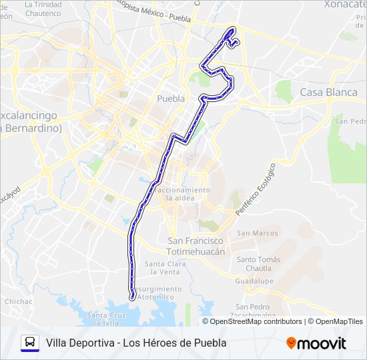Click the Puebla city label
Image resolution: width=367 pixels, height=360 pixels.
pyautogui.click(x=170, y=98)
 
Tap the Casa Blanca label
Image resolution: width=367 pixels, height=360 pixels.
pyautogui.click(x=329, y=92)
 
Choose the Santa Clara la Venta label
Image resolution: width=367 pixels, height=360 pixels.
pyautogui.click(x=165, y=267)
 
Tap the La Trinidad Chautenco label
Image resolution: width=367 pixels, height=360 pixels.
pyautogui.click(x=43, y=8)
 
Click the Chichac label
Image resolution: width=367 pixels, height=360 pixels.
pyautogui.click(x=18, y=301)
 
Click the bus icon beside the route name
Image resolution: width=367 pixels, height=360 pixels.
pyautogui.click(x=30, y=343)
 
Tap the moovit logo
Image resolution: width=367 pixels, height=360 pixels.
pyautogui.click(x=316, y=343)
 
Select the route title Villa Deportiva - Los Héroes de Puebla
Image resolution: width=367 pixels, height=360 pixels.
pyautogui.click(x=136, y=343)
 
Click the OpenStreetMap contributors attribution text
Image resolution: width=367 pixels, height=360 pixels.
pyautogui.click(x=256, y=321)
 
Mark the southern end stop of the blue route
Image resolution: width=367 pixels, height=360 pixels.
pyautogui.click(x=132, y=297)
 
